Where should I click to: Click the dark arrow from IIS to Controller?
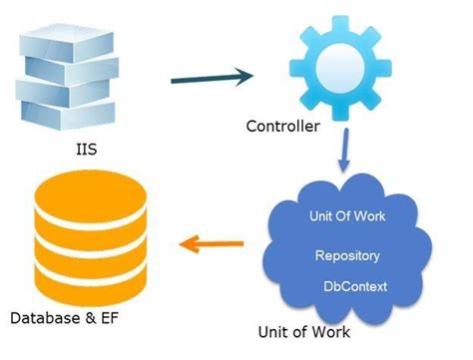click(206, 77)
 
